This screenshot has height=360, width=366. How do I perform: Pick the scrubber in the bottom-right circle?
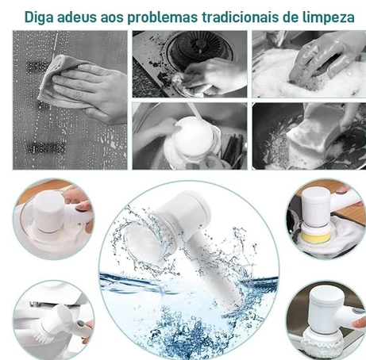click(x=322, y=321)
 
